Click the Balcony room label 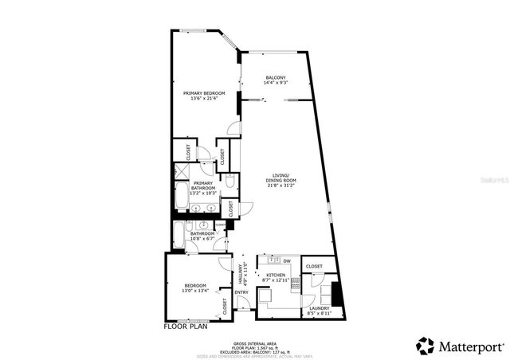pyautogui.click(x=275, y=79)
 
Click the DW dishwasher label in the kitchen pyautogui.click(x=286, y=261)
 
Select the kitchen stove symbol pyautogui.click(x=294, y=280)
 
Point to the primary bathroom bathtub pyautogui.click(x=181, y=198)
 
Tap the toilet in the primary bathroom pyautogui.click(x=229, y=184)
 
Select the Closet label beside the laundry pyautogui.click(x=314, y=266)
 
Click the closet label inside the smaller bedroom pyautogui.click(x=224, y=307)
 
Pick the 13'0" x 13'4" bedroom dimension pyautogui.click(x=195, y=291)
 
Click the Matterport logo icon pyautogui.click(x=426, y=346)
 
